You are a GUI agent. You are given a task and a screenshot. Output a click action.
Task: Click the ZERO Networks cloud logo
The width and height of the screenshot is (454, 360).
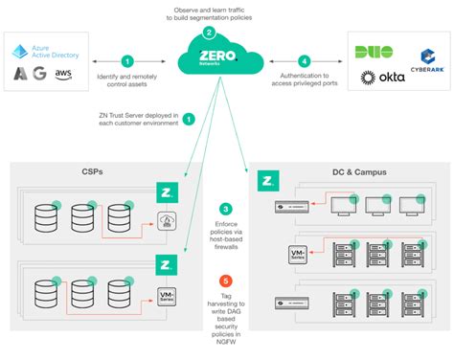click(x=209, y=59)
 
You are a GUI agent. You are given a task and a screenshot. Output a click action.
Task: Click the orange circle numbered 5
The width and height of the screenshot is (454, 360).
click(x=225, y=281)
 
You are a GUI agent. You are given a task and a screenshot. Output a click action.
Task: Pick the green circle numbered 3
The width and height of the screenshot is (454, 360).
click(x=225, y=209)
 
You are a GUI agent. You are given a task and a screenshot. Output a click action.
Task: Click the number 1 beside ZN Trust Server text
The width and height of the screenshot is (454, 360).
click(x=189, y=120)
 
